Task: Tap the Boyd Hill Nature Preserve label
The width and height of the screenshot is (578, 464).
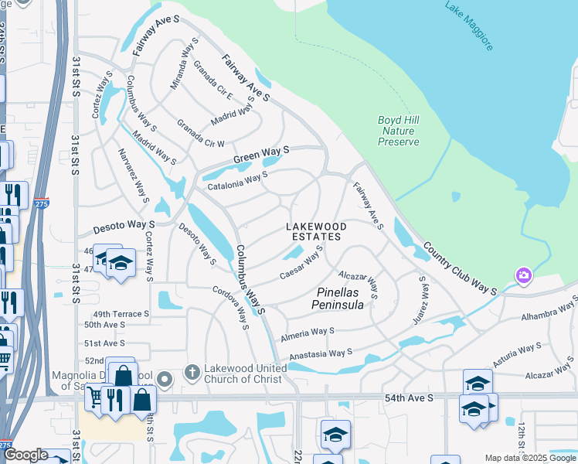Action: pyautogui.click(x=399, y=131)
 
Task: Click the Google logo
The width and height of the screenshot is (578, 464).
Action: pyautogui.click(x=26, y=455)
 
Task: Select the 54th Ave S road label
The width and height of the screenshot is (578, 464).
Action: pyautogui.click(x=410, y=397)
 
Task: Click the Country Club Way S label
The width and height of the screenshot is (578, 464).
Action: pyautogui.click(x=459, y=268)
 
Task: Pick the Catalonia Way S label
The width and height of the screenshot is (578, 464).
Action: pyautogui.click(x=236, y=180)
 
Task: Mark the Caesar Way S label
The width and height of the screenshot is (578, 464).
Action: pyautogui.click(x=300, y=264)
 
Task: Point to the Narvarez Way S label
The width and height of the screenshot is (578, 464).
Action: pyautogui.click(x=131, y=175)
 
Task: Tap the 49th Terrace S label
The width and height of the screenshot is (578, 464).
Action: pyautogui.click(x=121, y=314)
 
